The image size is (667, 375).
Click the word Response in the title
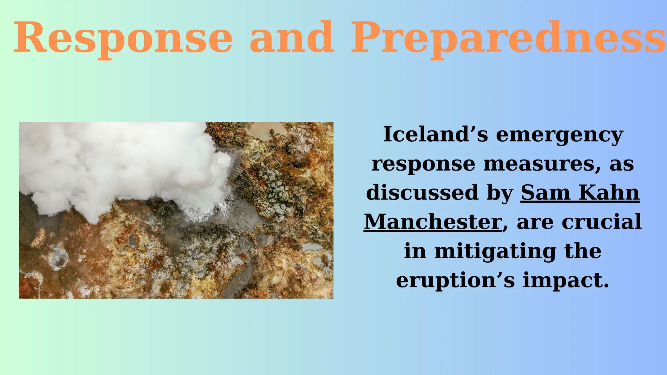(x=123, y=37)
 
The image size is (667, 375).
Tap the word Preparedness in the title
(x=508, y=37)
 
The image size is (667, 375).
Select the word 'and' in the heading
(x=292, y=37)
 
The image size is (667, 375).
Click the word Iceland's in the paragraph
(x=435, y=134)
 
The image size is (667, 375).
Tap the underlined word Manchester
(x=433, y=222)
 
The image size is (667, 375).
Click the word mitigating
(x=495, y=252)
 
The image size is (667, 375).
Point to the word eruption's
(x=455, y=280)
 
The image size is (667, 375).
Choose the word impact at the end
(x=566, y=280)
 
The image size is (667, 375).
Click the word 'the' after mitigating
(x=583, y=251)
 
